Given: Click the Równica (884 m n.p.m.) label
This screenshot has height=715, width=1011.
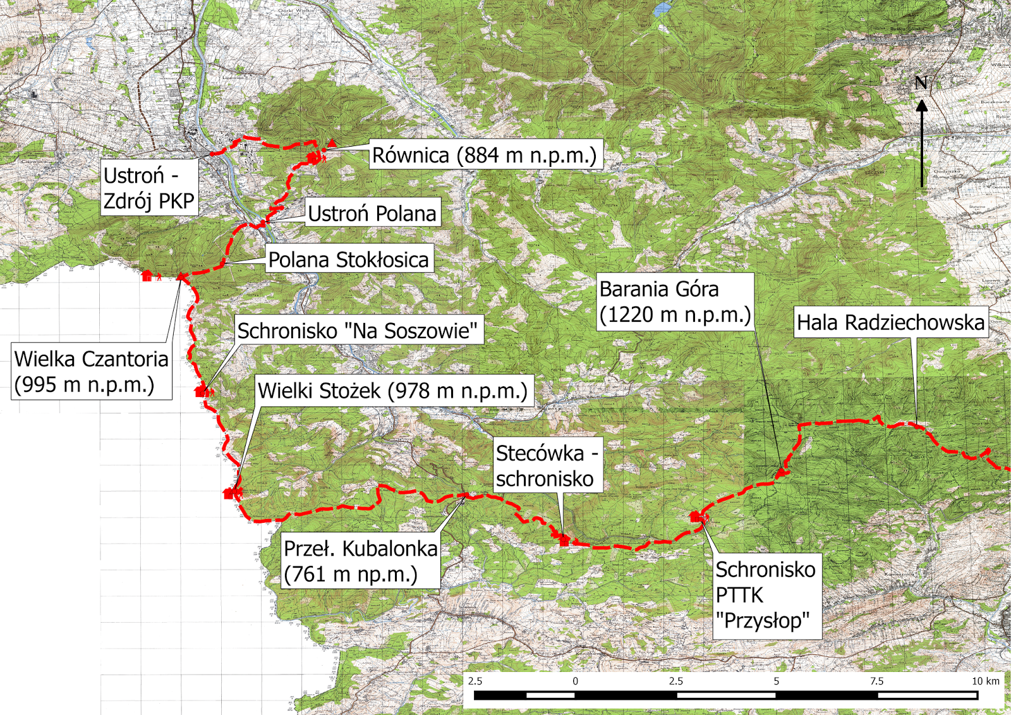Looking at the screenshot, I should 485,155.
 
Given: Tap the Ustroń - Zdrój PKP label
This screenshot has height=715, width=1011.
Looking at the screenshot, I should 149,188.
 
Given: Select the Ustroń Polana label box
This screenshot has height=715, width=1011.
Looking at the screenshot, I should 372,214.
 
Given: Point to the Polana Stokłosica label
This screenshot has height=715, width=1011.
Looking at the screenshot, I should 349,259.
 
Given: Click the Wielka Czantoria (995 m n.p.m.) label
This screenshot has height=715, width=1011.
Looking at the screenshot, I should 91,372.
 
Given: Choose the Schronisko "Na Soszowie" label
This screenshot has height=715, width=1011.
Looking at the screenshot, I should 358,330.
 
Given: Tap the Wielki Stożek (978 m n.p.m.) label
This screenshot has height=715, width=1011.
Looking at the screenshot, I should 393,391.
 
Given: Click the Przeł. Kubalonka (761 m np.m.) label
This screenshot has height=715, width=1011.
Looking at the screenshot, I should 360,561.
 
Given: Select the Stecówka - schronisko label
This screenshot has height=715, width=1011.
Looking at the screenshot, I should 547,466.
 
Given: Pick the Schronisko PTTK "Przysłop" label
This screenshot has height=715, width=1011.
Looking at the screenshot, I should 766,596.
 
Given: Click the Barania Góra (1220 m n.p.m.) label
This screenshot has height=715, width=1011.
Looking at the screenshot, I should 675,302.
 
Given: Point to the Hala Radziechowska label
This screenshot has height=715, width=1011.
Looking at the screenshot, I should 890,322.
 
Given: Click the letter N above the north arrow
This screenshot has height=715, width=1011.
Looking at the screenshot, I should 921,83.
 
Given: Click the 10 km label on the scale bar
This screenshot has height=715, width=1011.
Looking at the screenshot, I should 986,681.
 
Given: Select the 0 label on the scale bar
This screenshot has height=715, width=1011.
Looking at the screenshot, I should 575,681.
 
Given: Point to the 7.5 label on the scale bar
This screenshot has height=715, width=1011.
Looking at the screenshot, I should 876,681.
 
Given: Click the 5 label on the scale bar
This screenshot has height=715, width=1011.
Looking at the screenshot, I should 777,681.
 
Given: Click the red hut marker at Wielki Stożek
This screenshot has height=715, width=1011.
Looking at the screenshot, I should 229,494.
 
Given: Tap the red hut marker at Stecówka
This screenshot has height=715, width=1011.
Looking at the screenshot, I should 564,540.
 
